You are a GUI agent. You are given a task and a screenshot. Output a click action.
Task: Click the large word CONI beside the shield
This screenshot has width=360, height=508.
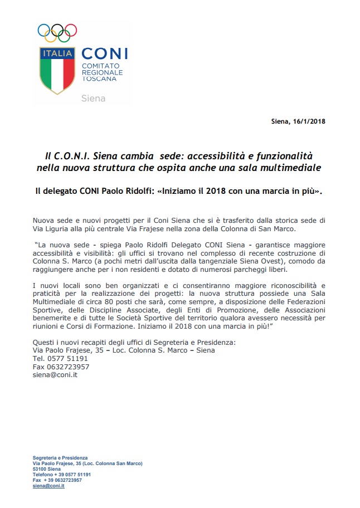pyautogui.click(x=105, y=53)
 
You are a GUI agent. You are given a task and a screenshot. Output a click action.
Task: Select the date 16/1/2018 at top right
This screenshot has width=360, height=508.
pyautogui.click(x=308, y=121)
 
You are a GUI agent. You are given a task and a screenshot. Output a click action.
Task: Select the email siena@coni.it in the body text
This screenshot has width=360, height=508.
pyautogui.click(x=55, y=375)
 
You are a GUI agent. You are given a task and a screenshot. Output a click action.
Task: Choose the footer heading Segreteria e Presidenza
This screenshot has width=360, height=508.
pyautogui.click(x=60, y=458)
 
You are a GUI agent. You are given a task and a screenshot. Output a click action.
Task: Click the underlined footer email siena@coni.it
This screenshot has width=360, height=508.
pyautogui.click(x=48, y=486)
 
